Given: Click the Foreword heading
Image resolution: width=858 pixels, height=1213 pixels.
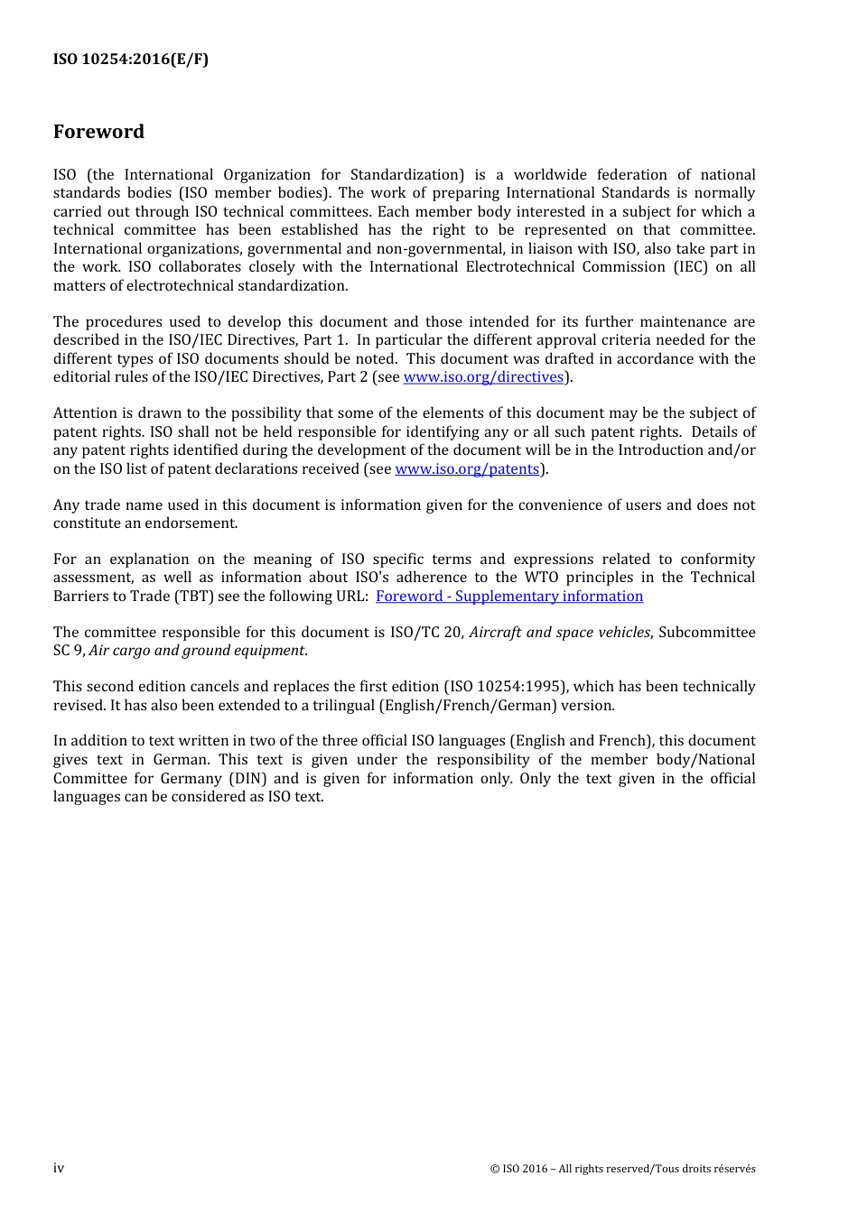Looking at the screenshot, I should click(x=98, y=132).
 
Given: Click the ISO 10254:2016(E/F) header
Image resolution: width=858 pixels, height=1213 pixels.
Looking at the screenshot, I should click(x=131, y=60).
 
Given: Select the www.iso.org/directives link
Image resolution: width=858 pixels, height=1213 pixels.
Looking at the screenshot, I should click(x=483, y=377).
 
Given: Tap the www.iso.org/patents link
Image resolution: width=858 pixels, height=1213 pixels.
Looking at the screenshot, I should click(x=467, y=469).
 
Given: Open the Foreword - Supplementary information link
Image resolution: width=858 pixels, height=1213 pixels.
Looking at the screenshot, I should click(x=509, y=597).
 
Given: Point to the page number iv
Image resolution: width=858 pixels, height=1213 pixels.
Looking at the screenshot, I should click(x=59, y=1168).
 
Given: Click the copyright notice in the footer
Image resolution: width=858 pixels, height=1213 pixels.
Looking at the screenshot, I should click(x=622, y=1169).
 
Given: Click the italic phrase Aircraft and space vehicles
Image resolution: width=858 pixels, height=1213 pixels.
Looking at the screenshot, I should click(x=559, y=633).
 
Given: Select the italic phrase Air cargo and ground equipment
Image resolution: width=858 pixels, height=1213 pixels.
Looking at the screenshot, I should click(x=196, y=651).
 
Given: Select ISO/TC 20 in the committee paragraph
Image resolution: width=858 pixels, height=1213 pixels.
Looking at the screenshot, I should click(x=425, y=633).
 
